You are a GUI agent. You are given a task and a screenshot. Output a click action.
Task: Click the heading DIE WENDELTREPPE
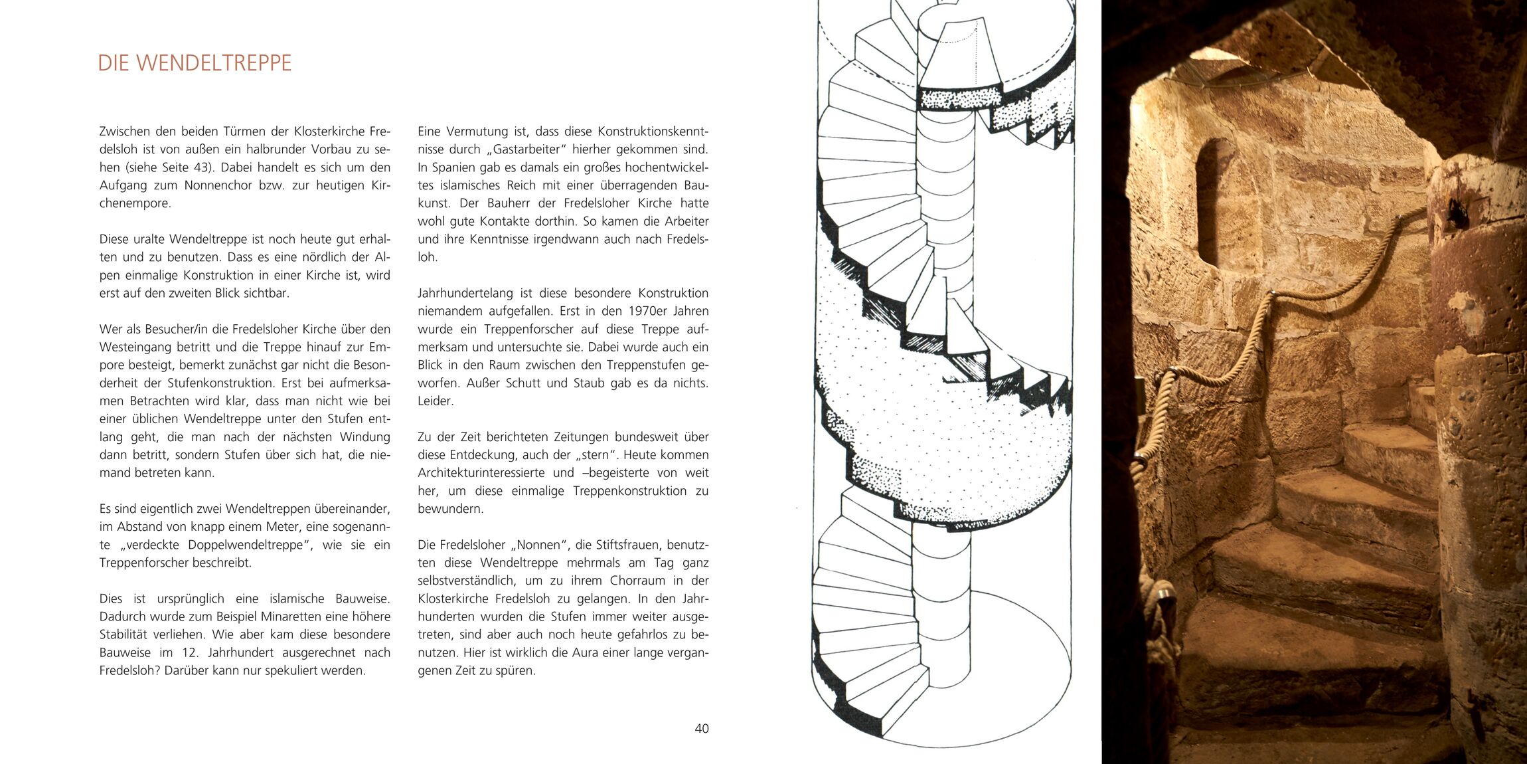pyautogui.click(x=195, y=63)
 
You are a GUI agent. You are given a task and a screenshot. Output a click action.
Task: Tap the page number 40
pyautogui.click(x=701, y=729)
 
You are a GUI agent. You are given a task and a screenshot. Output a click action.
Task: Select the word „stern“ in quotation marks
pyautogui.click(x=590, y=455)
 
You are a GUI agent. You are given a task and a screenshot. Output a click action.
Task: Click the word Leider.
pyautogui.click(x=436, y=401)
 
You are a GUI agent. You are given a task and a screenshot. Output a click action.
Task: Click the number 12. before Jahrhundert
pyautogui.click(x=190, y=652)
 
